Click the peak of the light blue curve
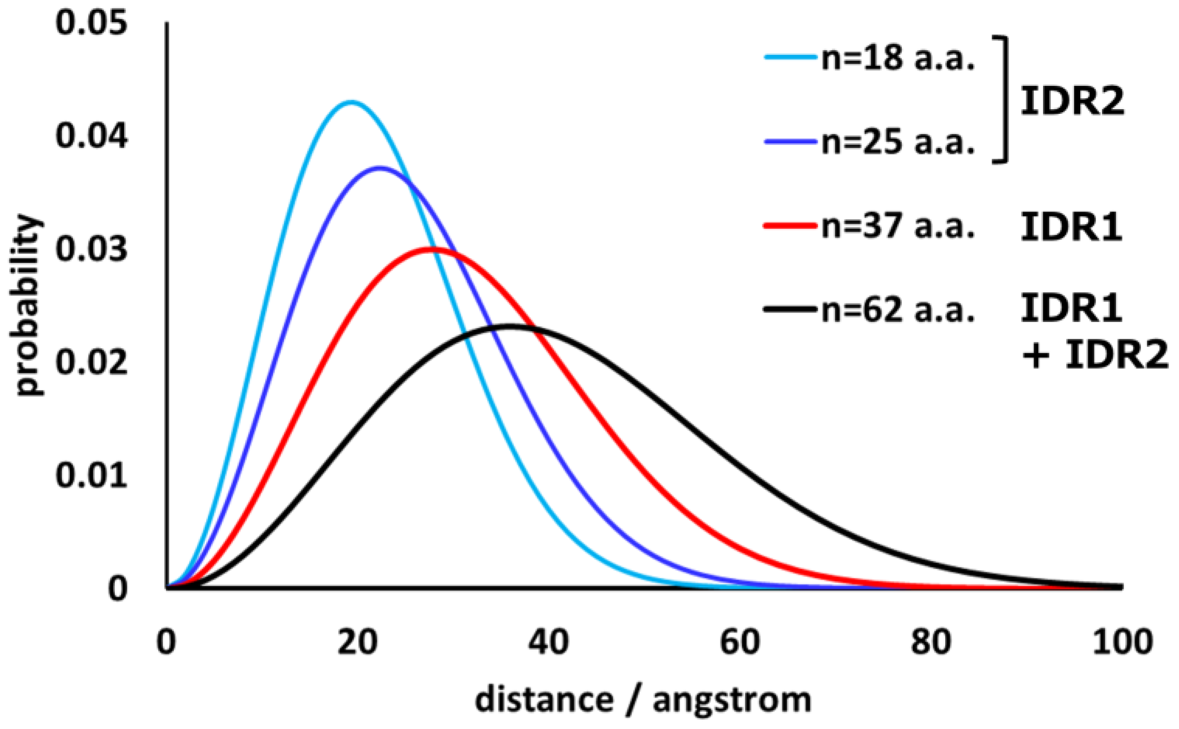point(352,102)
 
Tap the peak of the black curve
point(509,326)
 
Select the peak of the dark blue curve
point(380,168)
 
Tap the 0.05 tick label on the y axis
point(91,23)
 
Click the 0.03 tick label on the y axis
point(91,249)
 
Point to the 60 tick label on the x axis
point(740,642)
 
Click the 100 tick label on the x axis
point(1122,642)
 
